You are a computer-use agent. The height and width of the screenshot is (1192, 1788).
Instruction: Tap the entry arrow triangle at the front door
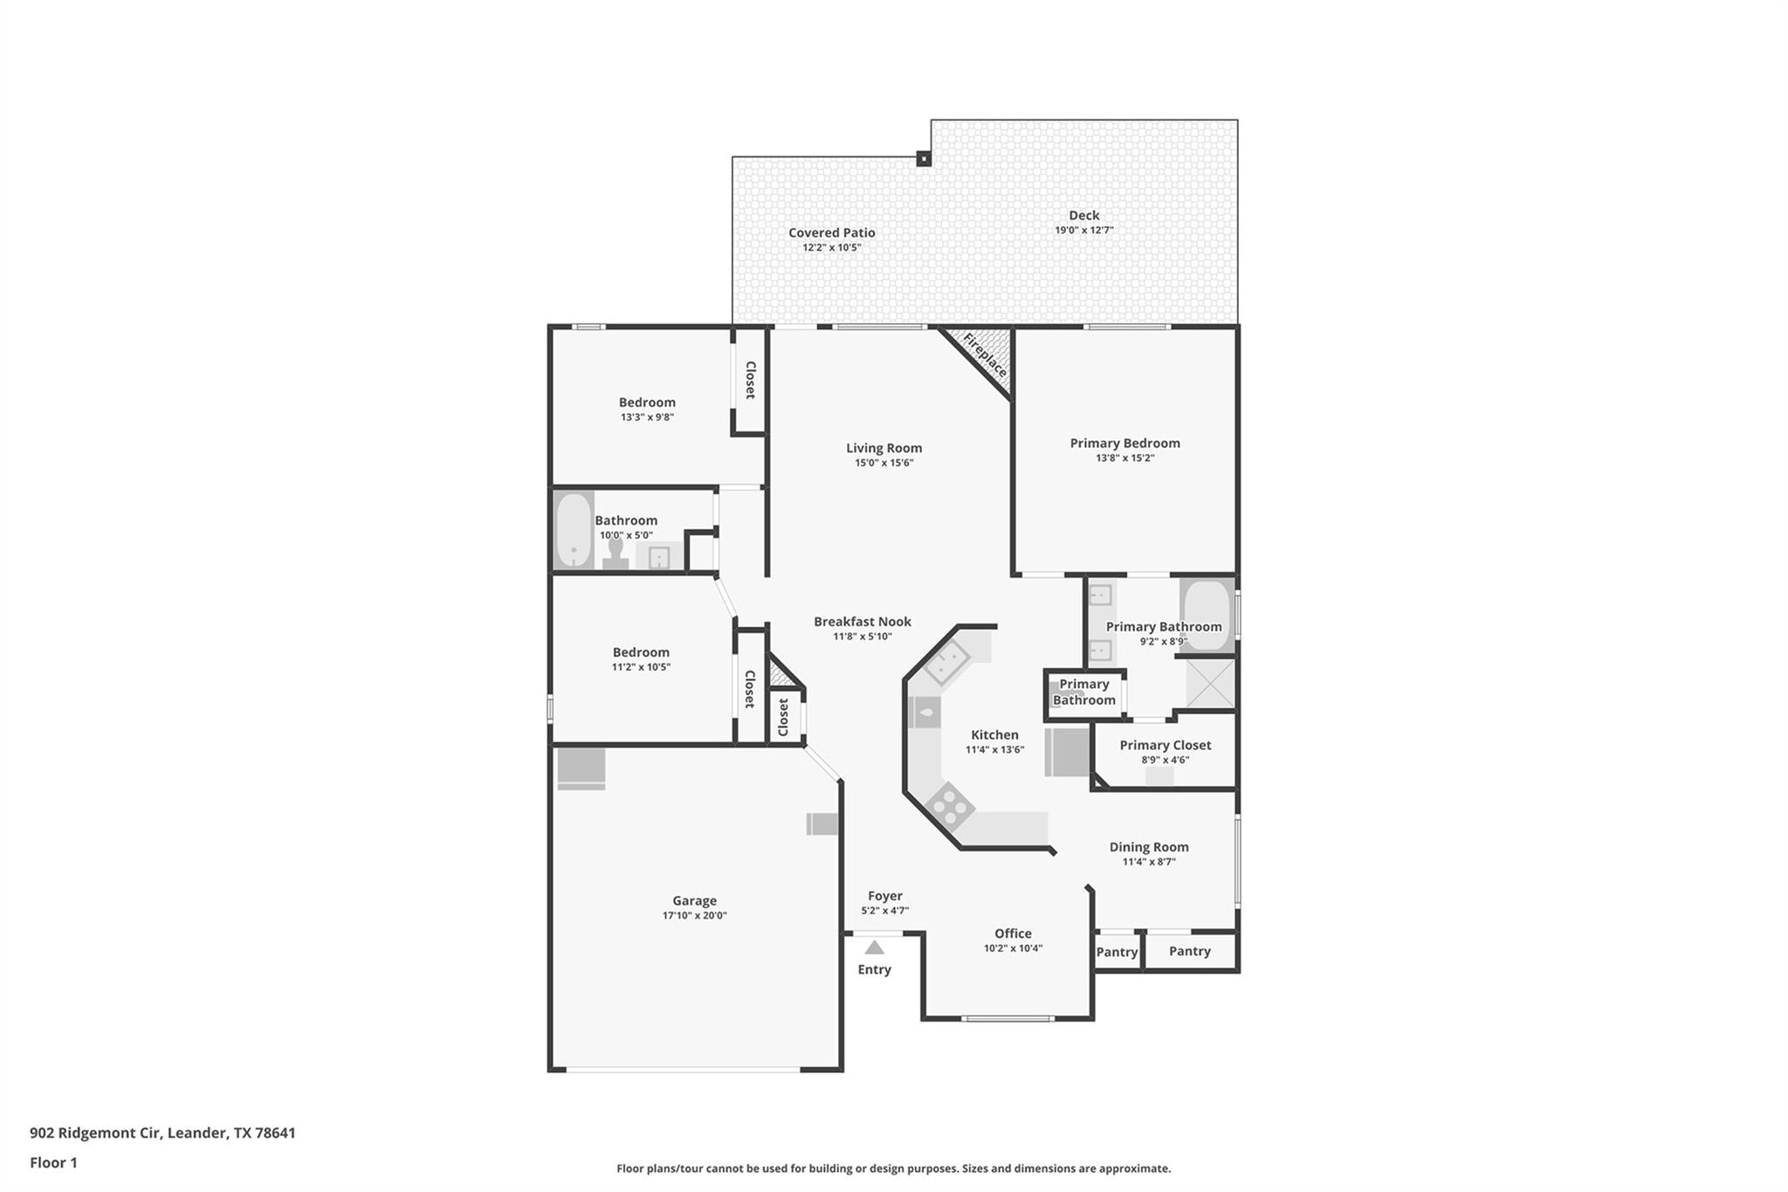(874, 947)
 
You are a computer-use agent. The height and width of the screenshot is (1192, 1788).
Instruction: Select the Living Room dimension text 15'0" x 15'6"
(884, 463)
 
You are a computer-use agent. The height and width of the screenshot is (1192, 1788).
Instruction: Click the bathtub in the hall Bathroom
(574, 530)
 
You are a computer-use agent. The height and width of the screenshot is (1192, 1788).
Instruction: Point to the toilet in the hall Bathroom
(615, 554)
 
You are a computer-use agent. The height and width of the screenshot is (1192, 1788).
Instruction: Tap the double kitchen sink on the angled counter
(946, 662)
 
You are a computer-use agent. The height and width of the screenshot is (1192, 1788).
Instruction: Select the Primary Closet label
(1165, 745)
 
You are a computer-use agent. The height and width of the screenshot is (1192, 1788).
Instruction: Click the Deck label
(1083, 215)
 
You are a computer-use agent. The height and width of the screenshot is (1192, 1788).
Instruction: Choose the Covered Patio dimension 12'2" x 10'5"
(831, 247)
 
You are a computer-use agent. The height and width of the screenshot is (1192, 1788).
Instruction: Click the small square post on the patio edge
(923, 159)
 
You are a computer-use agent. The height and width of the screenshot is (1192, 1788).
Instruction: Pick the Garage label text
(694, 900)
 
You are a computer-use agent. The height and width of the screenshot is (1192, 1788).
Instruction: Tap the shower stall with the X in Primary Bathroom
(1210, 683)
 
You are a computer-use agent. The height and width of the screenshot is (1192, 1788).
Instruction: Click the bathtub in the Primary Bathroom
(1206, 615)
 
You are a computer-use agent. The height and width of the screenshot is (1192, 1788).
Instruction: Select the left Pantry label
(1117, 952)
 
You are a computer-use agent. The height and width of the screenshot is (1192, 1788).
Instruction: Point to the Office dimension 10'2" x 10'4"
(1013, 948)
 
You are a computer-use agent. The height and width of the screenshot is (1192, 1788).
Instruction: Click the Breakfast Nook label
(862, 622)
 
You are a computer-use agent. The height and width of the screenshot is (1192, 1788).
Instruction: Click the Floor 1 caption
(53, 1162)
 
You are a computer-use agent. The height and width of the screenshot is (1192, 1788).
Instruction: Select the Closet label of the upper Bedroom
(749, 380)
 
